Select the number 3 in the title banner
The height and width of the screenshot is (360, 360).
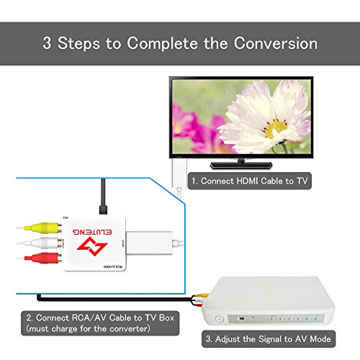click(48, 43)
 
